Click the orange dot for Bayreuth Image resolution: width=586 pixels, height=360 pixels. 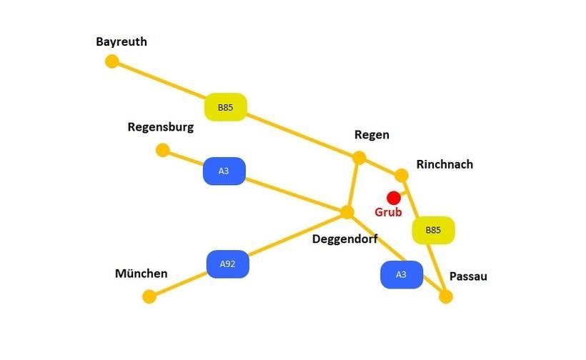point(111,61)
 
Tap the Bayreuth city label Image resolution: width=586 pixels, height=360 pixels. point(121,42)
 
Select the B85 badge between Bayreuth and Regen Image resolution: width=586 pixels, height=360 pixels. point(226,108)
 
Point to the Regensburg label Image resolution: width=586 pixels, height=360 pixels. point(160,127)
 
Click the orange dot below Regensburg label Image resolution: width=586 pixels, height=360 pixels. point(163,150)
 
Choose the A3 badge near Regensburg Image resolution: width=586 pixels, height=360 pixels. point(224,171)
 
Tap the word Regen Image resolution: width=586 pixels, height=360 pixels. point(372,135)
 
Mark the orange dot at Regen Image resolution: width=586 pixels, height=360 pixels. point(359,158)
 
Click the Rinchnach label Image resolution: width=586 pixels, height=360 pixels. point(445,164)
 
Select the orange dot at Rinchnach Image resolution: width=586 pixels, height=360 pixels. point(402,175)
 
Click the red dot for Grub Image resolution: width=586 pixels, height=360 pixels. point(393,197)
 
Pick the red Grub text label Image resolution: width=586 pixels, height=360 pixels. point(388,212)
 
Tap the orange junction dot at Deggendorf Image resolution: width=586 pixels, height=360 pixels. point(347,212)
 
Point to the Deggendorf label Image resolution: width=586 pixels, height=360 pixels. point(344,239)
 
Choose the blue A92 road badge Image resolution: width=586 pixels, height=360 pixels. point(227,264)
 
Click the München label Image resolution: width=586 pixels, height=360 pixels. point(141,274)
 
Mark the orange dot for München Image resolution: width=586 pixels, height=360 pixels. point(149,296)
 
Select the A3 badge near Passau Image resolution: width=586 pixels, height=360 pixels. point(401,274)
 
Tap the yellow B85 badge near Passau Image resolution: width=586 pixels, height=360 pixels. point(433,230)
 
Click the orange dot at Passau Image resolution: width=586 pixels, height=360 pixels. point(446,296)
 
